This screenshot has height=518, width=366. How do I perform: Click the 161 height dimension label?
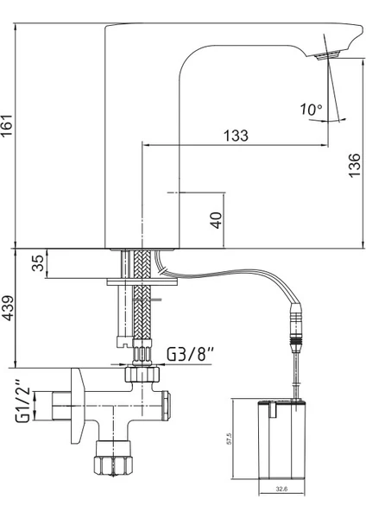7,125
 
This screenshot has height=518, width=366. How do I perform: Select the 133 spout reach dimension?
236,136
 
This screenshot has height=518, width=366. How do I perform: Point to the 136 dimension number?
354,165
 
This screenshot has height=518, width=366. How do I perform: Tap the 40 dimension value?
217,220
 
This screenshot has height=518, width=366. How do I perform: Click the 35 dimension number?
38,263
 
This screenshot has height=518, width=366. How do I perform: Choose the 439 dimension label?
8,308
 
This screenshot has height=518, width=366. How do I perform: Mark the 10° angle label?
311,110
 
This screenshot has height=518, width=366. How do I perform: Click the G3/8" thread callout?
190,355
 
